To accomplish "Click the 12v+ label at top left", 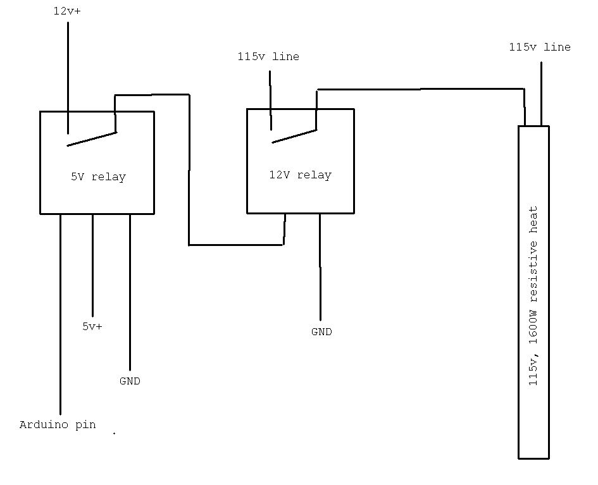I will coord(67,12).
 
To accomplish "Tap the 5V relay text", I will coord(98,177).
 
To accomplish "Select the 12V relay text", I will coord(300,175).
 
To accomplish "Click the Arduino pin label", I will coord(58,425).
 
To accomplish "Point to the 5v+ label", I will coord(92,327).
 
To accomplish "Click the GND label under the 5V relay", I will coord(130,381).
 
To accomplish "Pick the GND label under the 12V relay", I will coord(321,332).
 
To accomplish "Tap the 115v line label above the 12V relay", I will coord(268,57).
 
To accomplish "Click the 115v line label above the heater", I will coord(540,47).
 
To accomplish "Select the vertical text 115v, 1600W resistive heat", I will coord(533,295).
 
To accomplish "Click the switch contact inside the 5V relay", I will coord(92,139).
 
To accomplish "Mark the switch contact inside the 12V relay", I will coord(294,136).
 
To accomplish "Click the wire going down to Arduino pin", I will coord(61,316).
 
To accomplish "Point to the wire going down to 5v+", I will coord(92,266).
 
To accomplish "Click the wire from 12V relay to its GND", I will coord(320,266).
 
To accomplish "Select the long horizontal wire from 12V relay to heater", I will coord(421,89).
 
